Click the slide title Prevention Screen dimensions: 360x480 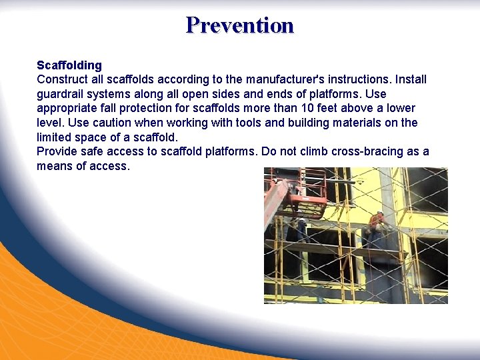pos(240,25)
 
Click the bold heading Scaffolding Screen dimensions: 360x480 pos(69,65)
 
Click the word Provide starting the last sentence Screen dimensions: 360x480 pos(58,151)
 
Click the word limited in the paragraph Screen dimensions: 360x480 pos(55,137)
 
